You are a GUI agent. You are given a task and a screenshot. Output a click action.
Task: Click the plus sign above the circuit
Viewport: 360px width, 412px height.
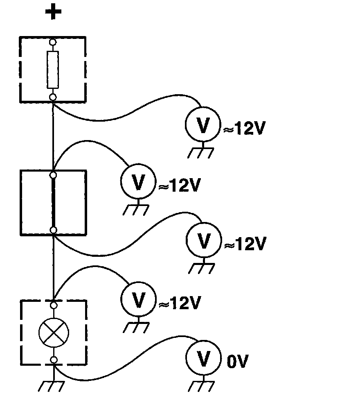[x=53, y=12]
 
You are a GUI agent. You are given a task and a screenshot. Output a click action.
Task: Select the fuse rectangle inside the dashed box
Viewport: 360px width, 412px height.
[x=53, y=70]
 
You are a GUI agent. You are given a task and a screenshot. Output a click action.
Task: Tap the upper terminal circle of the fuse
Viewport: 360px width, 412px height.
[x=53, y=42]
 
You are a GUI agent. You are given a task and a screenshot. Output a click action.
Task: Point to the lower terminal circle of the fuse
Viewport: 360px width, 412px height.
[x=53, y=97]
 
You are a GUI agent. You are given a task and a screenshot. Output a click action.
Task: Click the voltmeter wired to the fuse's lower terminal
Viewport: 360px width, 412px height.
[x=203, y=125]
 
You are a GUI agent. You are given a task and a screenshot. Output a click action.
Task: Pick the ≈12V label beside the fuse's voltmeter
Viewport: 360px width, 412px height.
[x=245, y=129]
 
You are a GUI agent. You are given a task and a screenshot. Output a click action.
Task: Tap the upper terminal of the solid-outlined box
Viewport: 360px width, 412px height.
[x=53, y=175]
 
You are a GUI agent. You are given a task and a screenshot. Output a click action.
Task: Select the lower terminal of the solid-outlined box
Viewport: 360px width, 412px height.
[x=53, y=230]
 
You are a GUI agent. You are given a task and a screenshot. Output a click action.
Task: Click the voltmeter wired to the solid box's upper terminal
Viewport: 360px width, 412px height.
[x=138, y=183]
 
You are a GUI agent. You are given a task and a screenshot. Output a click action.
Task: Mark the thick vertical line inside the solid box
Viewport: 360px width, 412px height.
[x=53, y=203]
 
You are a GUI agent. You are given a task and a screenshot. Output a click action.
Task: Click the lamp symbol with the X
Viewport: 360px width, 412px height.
[x=53, y=331]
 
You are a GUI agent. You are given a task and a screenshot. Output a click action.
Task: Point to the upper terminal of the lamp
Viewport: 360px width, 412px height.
[x=53, y=305]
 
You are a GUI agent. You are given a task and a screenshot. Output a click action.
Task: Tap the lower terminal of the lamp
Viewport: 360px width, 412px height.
[x=53, y=360]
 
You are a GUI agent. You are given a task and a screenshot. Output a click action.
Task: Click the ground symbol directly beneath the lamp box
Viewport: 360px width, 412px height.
[x=52, y=385]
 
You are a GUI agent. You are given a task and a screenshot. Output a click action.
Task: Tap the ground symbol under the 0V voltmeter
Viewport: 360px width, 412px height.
[x=202, y=385]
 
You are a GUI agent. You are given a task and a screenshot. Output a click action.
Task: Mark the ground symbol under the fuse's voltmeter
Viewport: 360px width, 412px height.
[x=201, y=152]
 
